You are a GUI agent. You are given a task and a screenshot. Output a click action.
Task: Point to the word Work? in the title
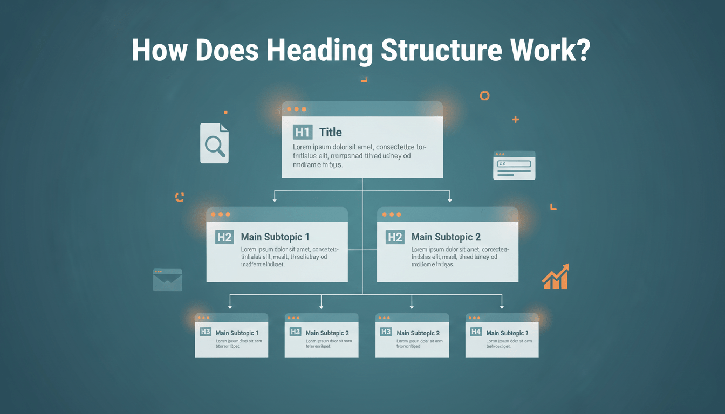pyautogui.click(x=552, y=50)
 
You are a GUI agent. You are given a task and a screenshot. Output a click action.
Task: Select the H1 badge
pyautogui.click(x=302, y=132)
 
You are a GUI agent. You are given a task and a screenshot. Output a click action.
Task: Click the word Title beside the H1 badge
pyautogui.click(x=330, y=132)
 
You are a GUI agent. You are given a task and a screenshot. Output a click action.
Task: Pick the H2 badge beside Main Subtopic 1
pyautogui.click(x=224, y=237)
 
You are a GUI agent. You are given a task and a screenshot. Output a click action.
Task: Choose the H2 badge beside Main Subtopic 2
pyautogui.click(x=395, y=237)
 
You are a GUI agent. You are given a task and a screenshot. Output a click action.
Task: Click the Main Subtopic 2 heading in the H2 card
pyautogui.click(x=446, y=237)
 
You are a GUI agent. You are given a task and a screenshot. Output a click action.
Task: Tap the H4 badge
pyautogui.click(x=475, y=332)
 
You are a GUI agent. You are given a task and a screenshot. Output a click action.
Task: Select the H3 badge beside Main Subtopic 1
pyautogui.click(x=205, y=332)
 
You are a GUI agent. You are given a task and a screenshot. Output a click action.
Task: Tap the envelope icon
pyautogui.click(x=168, y=280)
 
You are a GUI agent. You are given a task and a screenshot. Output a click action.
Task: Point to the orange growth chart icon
pyautogui.click(x=556, y=277)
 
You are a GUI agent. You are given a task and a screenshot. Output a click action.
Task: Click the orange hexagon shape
pyautogui.click(x=484, y=96)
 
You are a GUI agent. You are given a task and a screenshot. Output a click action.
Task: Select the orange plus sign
pyautogui.click(x=515, y=119)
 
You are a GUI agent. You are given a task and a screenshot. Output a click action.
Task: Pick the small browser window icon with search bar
pyautogui.click(x=514, y=165)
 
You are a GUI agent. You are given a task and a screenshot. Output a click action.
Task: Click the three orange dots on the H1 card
pyautogui.click(x=296, y=109)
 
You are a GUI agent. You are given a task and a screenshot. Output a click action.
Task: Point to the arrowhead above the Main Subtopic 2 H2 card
pyautogui.click(x=450, y=200)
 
